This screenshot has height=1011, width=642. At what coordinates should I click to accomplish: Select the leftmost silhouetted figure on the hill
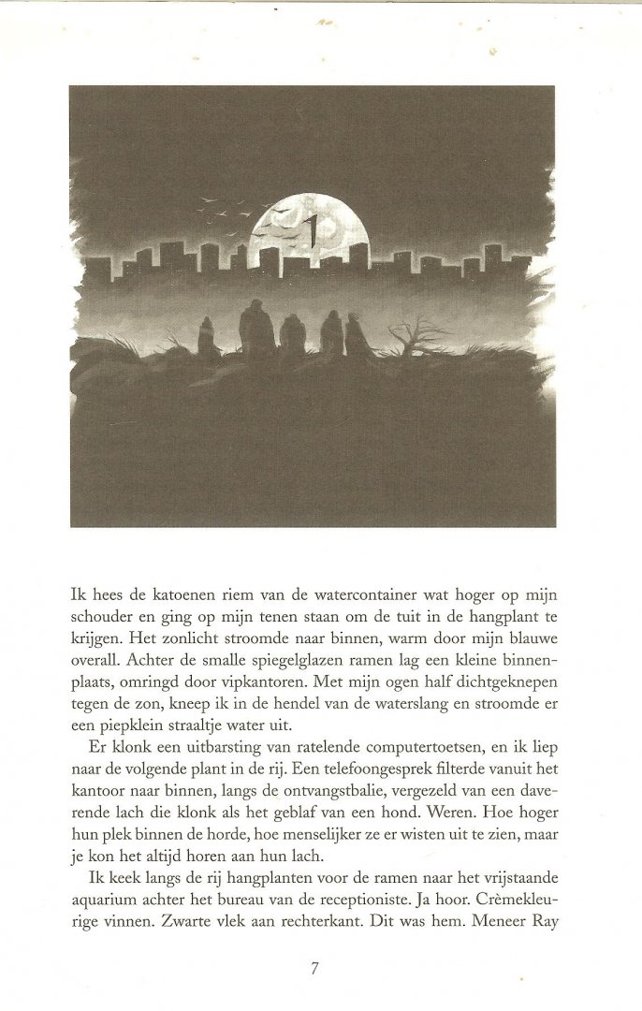pyautogui.click(x=207, y=338)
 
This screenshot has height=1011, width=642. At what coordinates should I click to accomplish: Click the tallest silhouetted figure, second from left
pyautogui.click(x=255, y=330)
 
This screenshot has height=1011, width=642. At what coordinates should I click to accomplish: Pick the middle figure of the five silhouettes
pyautogui.click(x=293, y=335)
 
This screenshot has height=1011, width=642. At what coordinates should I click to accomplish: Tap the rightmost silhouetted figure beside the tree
pyautogui.click(x=357, y=336)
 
